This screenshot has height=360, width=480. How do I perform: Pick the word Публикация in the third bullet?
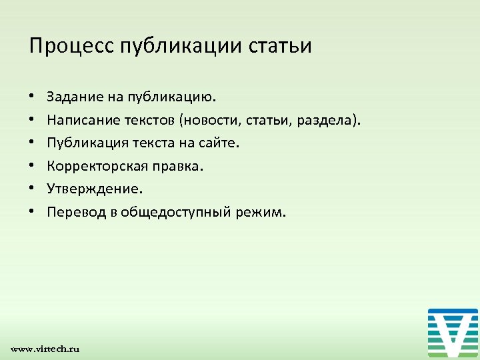(85, 143)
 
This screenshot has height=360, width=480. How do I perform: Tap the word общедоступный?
(177, 213)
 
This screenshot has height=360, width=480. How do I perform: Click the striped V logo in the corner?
(453, 333)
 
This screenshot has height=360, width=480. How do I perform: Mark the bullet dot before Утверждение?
(32, 190)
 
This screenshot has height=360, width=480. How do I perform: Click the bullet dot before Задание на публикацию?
(32, 98)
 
